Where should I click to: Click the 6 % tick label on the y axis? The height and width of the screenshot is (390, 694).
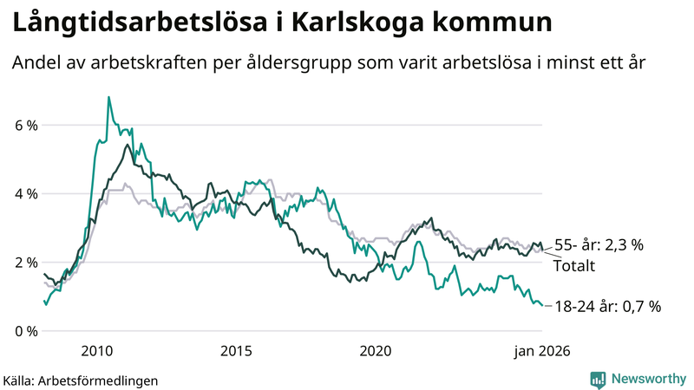[26, 126]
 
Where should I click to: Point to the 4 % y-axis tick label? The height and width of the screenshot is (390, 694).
[26, 194]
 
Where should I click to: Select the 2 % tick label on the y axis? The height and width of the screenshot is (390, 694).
[26, 263]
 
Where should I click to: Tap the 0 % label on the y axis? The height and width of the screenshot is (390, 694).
[26, 331]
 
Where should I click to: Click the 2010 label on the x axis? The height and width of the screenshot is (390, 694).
[96, 351]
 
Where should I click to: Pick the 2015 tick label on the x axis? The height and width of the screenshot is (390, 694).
[236, 351]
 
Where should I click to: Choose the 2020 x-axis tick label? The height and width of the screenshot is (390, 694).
[376, 351]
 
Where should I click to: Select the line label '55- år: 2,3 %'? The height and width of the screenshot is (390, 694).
[599, 245]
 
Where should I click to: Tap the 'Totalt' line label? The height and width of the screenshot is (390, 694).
[574, 266]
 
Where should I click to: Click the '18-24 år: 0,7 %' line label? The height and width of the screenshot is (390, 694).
[607, 306]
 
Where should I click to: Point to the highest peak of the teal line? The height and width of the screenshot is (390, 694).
[108, 97]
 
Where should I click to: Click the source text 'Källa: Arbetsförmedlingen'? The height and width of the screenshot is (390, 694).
[81, 380]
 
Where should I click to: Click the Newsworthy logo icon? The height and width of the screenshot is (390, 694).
[598, 379]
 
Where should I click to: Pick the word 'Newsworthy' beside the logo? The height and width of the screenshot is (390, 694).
[648, 379]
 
